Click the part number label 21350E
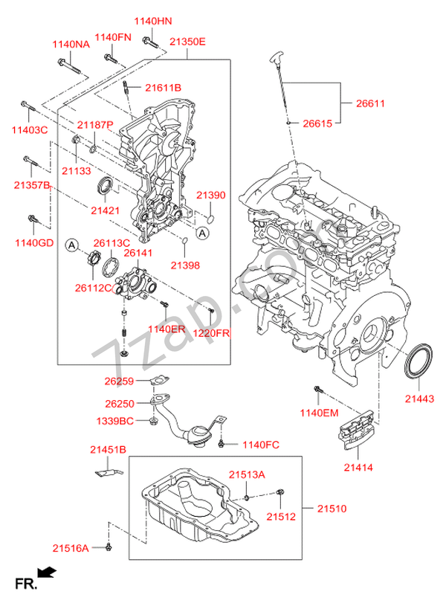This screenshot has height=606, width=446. [187, 42]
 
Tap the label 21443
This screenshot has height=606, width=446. [418, 399]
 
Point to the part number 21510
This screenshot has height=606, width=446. [332, 509]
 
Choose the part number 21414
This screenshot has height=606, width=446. [358, 468]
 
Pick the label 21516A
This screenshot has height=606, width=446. [71, 548]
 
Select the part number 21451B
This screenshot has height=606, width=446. [108, 449]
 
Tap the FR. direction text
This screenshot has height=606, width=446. [26, 584]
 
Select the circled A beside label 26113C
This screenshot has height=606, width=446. [71, 244]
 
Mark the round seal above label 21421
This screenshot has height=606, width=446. [106, 185]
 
